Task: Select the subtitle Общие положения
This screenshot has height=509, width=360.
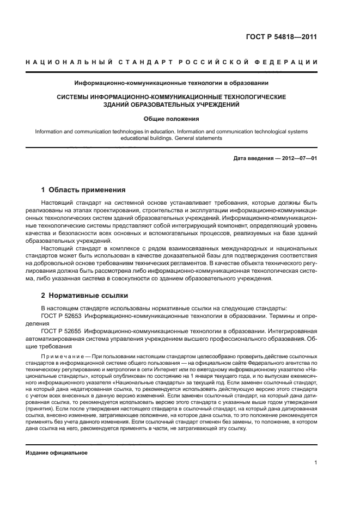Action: (x=171, y=118)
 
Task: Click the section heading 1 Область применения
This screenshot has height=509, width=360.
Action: (x=83, y=190)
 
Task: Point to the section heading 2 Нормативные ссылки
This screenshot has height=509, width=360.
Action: (x=84, y=296)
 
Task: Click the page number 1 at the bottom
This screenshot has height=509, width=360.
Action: (x=315, y=463)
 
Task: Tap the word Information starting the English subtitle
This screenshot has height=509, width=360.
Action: (x=48, y=131)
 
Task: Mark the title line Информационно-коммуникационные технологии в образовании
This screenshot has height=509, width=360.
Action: (x=171, y=83)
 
